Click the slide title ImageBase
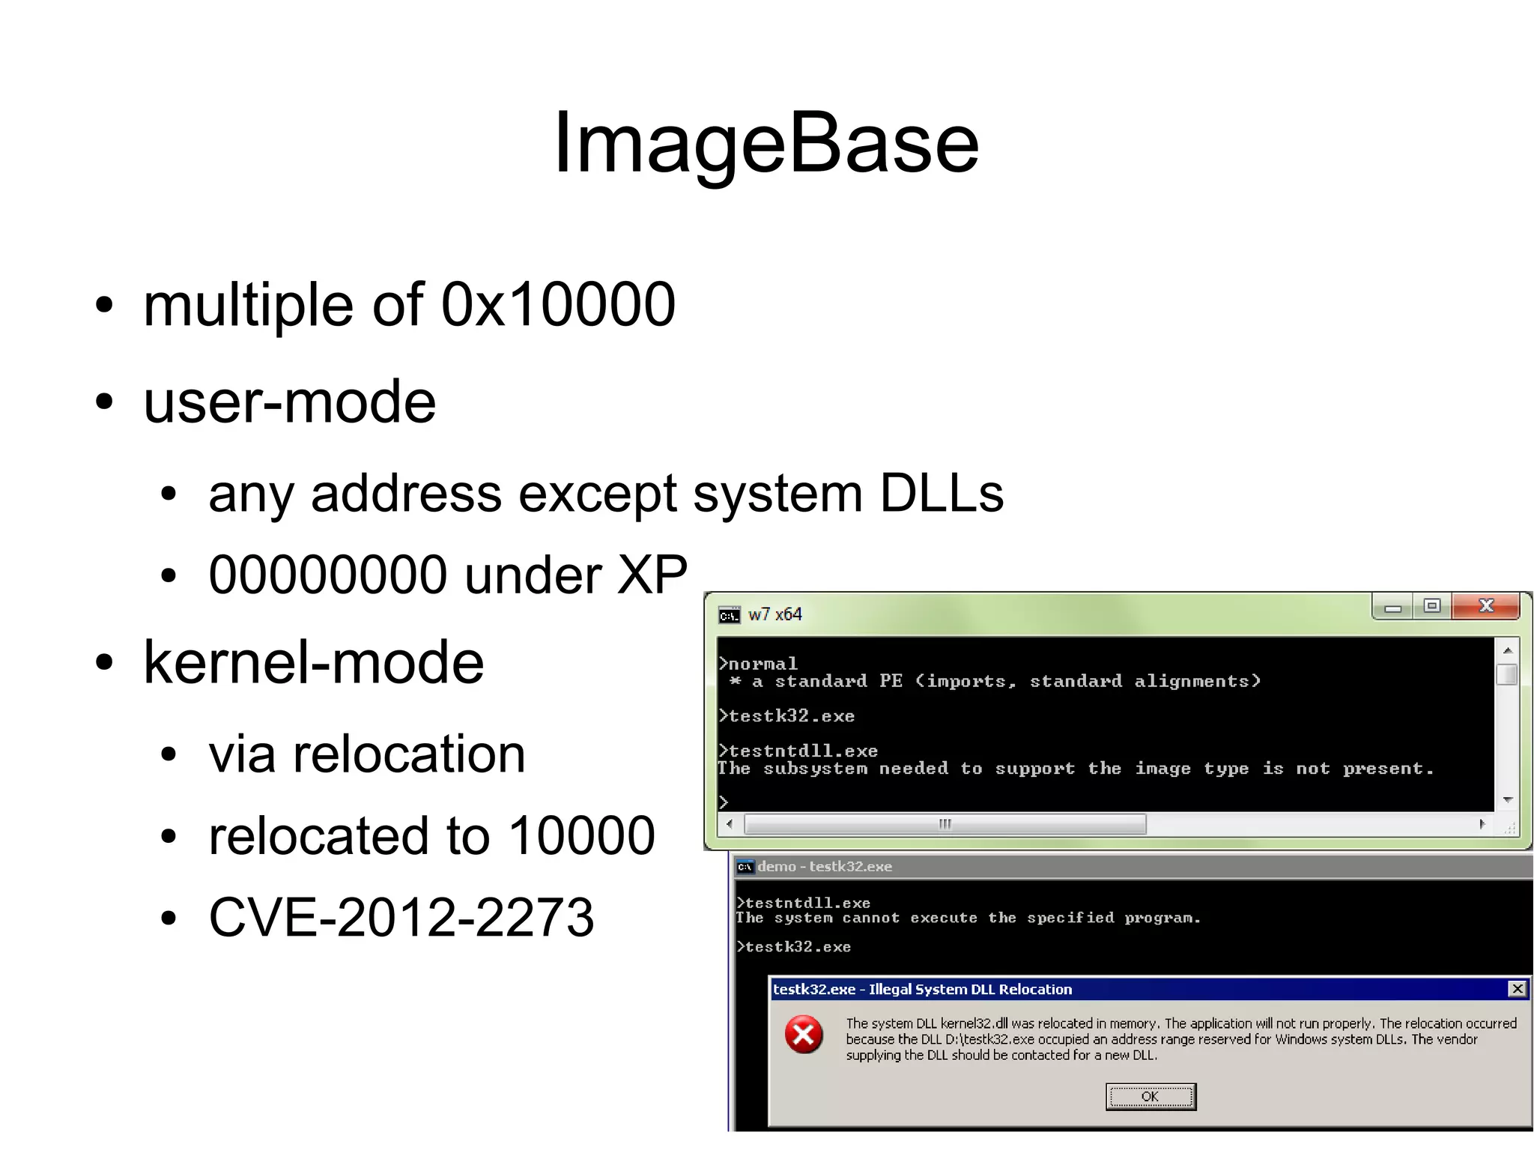pos(766,142)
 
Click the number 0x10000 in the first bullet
pos(558,304)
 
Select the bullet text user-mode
pos(289,402)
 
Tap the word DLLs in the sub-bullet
pos(941,494)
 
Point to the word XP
pos(651,575)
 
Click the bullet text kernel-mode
pos(313,662)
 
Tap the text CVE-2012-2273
pos(401,917)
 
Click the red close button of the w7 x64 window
pos(1486,606)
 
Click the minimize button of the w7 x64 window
pos(1392,607)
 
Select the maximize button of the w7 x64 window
pos(1432,606)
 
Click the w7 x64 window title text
pos(774,614)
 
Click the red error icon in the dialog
pos(804,1035)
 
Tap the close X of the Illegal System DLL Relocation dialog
pos(1517,989)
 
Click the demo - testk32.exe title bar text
pos(824,867)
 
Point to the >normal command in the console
pos(758,664)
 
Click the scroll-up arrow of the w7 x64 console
pos(1508,650)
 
